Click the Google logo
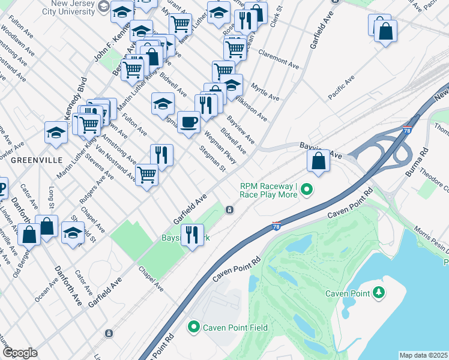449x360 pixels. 20,353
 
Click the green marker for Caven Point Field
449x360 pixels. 193,327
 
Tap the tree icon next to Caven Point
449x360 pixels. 378,293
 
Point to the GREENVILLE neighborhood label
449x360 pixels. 36,160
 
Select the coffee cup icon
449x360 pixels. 188,122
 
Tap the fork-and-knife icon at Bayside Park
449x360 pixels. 192,235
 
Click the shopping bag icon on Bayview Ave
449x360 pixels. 318,161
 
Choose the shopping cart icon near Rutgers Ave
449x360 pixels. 147,175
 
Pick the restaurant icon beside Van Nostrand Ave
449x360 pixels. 161,155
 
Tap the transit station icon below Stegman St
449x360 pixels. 229,209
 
